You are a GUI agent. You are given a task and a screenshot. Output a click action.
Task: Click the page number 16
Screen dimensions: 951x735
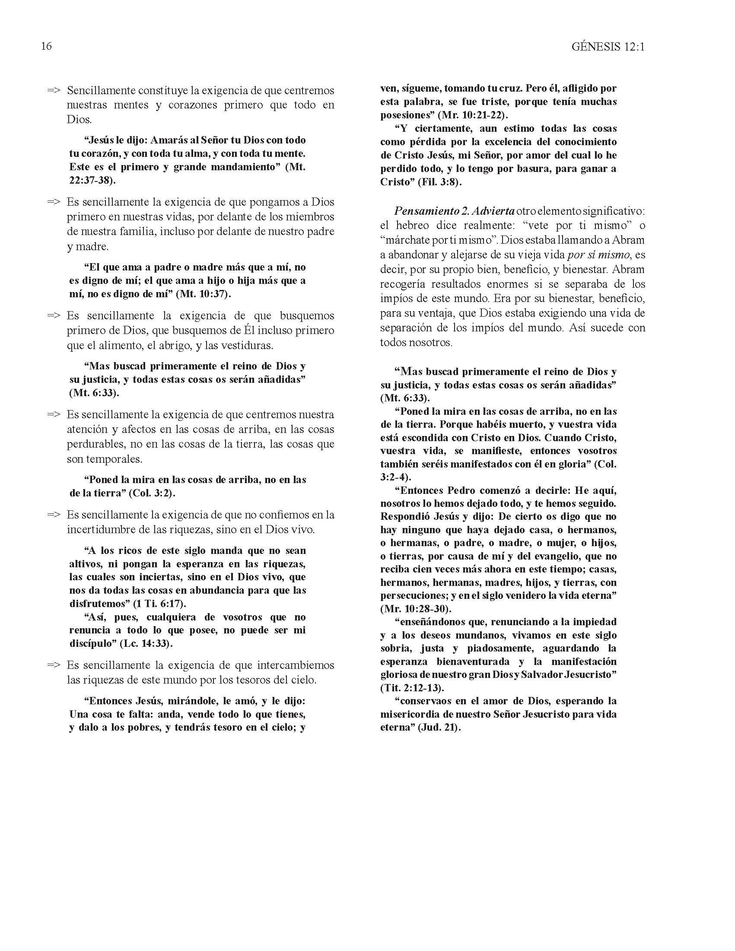[x=46, y=46]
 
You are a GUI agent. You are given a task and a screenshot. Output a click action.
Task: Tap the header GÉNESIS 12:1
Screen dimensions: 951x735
[x=608, y=47]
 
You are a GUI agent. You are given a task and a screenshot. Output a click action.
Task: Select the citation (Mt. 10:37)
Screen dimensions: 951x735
[x=204, y=294]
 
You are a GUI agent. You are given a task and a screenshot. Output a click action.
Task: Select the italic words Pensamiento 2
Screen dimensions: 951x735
[x=431, y=211]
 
